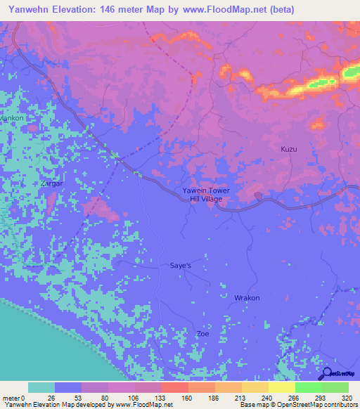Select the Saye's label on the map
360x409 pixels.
click(180, 266)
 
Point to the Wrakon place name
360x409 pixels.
click(247, 298)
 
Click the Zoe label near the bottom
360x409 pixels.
click(202, 333)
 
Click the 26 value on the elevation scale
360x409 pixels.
click(51, 398)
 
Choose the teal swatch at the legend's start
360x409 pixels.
click(41, 387)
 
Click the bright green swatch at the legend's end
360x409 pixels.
click(335, 387)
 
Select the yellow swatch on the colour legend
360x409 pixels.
click(282, 387)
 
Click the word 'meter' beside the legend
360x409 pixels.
click(12, 398)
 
